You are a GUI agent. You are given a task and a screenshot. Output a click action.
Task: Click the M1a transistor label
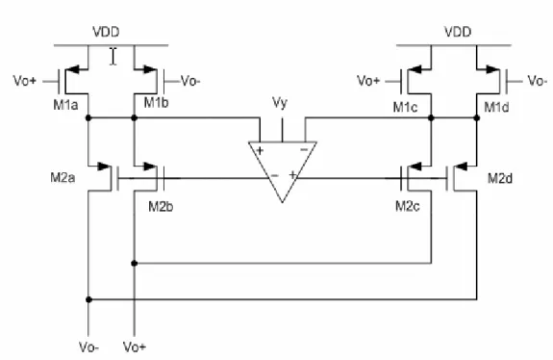coord(65,105)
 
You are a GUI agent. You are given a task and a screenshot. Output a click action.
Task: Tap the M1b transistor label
coord(156,103)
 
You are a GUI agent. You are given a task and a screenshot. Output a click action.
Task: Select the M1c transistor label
coord(406,107)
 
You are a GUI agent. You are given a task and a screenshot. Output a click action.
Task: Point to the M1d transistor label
coord(496,107)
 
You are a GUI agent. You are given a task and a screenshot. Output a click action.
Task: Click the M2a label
coord(63,177)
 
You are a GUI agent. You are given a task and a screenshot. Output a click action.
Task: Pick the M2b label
coord(161,206)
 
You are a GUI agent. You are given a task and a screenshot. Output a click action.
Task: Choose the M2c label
coord(408,206)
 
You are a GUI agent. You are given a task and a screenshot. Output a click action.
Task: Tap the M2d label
coord(500,179)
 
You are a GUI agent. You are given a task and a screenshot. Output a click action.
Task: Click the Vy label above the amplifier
coord(280,103)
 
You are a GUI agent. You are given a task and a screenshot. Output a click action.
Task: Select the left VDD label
coord(106,32)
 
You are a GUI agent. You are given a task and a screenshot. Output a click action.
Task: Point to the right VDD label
coord(458,32)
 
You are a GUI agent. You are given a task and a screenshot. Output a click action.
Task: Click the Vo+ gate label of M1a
coord(25,81)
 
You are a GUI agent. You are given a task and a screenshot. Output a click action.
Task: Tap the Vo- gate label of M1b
coord(190,81)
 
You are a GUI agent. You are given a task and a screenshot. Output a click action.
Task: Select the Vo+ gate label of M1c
coord(368,81)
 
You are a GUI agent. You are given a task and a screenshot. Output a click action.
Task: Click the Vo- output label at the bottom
coord(88,347)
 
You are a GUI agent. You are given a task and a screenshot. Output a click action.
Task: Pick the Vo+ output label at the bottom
coord(135,347)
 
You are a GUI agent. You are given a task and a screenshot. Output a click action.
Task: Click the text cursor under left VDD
coord(113,57)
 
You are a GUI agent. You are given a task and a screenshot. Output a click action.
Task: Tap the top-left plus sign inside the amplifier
coord(260,151)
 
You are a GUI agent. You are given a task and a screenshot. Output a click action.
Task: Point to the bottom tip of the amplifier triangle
coord(282,202)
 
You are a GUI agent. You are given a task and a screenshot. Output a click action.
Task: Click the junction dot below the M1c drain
coord(431,117)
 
